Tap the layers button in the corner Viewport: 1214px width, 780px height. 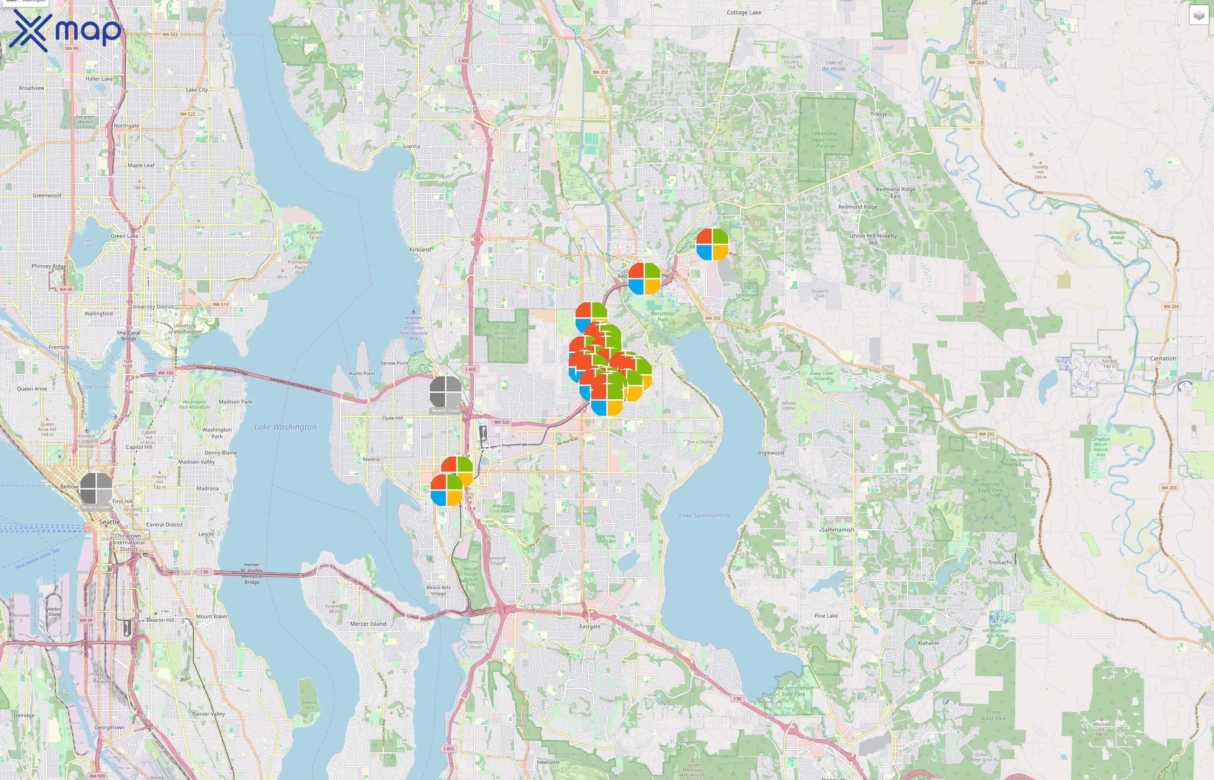coord(1198,15)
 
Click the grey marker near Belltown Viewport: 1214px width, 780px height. coord(96,489)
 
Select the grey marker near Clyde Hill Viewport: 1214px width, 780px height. coord(445,392)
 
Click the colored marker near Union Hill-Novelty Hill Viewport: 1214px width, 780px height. coord(712,244)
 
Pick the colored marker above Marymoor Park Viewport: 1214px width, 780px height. coord(644,279)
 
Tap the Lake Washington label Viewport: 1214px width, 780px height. coord(285,427)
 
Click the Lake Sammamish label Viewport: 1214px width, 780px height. coord(704,515)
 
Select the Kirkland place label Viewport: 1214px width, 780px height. coord(420,249)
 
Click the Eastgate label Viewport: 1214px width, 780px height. coord(589,626)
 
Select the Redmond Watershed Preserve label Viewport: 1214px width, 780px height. coord(826,140)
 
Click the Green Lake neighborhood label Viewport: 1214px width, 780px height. coord(124,236)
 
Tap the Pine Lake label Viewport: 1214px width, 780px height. coord(826,615)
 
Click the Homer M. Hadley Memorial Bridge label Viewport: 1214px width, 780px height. coord(252,573)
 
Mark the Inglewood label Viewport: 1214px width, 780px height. coord(770,452)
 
